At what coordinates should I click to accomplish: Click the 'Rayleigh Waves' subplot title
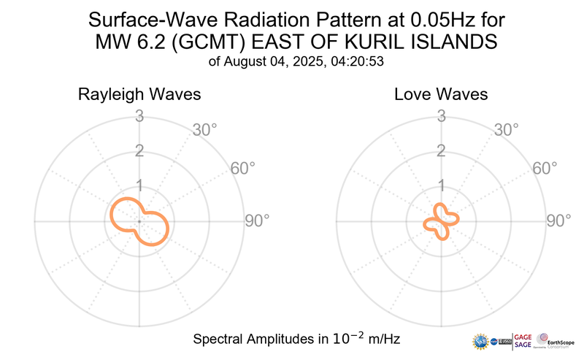pos(139,95)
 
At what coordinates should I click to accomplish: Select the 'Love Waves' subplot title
pos(441,95)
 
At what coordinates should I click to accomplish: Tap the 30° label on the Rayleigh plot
pos(205,130)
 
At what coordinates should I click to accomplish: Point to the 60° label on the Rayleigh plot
pos(243,169)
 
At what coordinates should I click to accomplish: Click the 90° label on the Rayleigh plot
pos(257,221)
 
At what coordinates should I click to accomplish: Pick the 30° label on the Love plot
pos(507,130)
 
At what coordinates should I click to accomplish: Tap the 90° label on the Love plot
pos(559,221)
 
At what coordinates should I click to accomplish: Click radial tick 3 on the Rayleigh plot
pos(139,116)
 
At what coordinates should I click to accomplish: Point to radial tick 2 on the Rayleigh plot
pos(139,151)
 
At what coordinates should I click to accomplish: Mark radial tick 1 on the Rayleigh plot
pos(139,185)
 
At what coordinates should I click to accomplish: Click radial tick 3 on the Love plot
pos(441,116)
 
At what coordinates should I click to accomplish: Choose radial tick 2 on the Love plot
pos(441,151)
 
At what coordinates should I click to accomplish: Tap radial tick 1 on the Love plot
pos(441,185)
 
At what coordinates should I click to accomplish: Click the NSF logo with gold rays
pos(482,340)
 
